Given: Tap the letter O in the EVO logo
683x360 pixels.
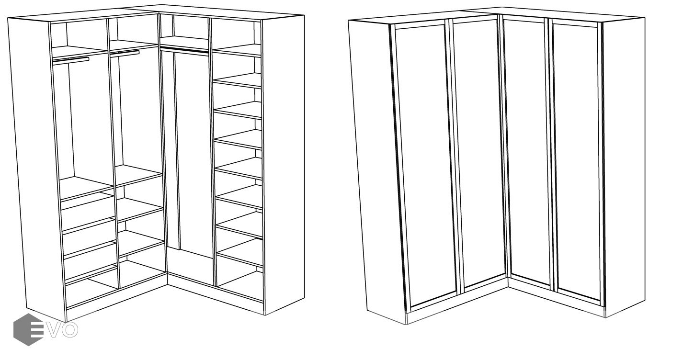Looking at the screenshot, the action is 70,329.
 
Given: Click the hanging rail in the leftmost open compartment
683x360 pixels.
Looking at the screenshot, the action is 71,60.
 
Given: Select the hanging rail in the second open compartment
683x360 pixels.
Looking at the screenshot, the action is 125,53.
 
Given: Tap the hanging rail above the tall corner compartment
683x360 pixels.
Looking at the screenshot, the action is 184,49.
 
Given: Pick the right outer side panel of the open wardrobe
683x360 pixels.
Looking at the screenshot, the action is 284,165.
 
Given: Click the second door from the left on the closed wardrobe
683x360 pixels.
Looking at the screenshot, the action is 478,152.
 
